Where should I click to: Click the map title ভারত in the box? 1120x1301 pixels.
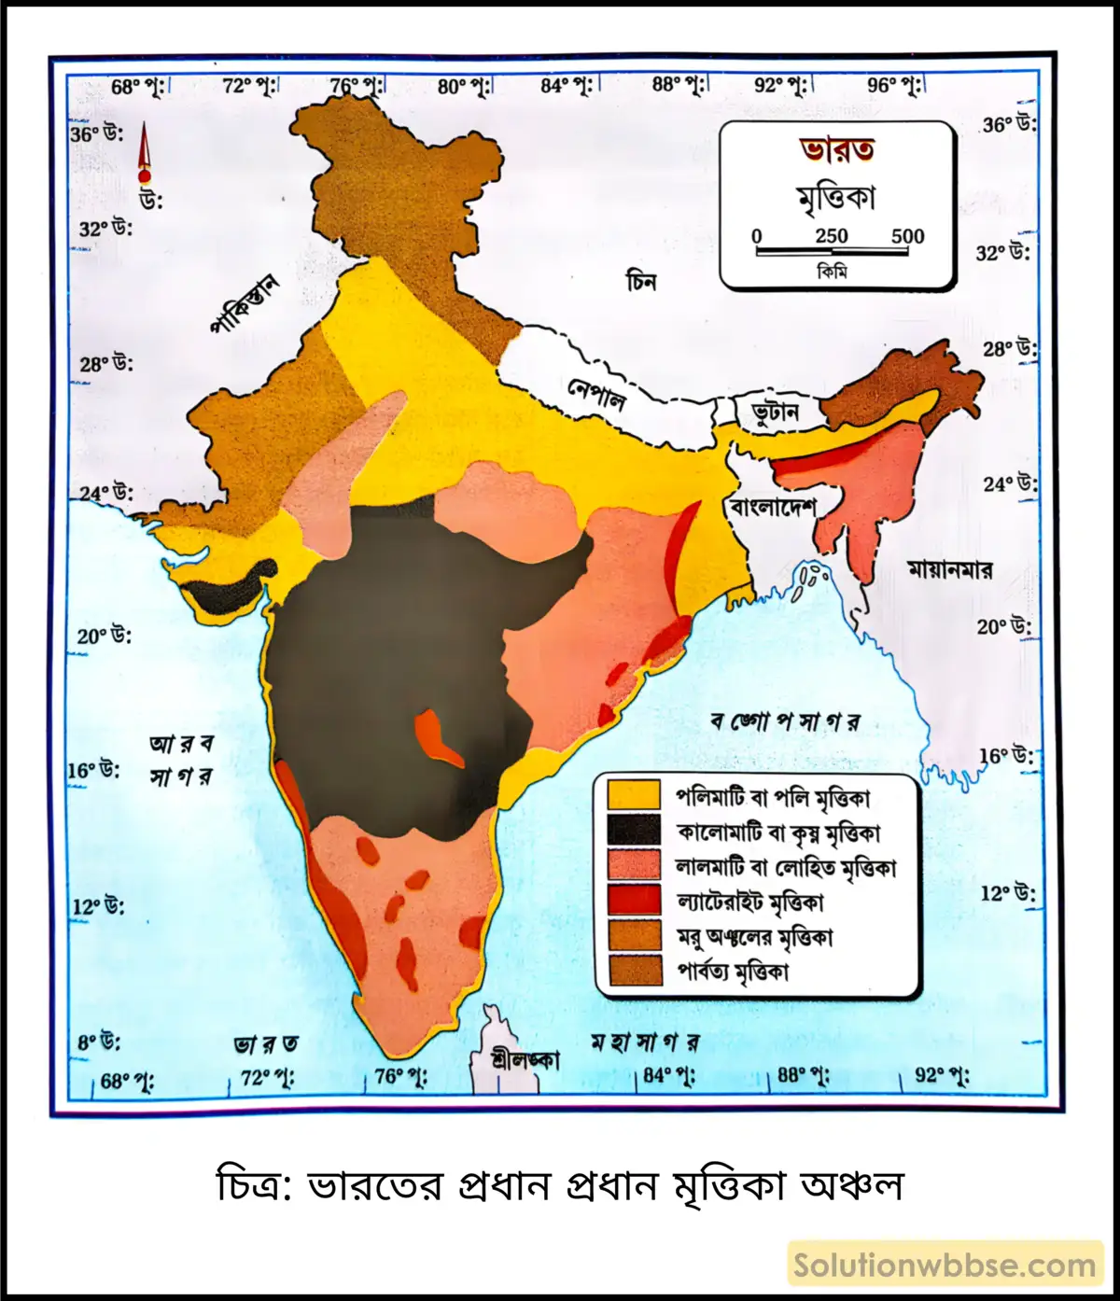click(x=836, y=149)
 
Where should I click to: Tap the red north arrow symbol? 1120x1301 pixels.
click(x=144, y=154)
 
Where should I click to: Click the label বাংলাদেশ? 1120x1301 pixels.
click(x=773, y=507)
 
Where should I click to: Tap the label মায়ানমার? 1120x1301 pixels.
click(x=950, y=567)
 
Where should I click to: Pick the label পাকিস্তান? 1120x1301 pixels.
click(x=245, y=304)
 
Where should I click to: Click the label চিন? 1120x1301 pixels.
click(x=642, y=279)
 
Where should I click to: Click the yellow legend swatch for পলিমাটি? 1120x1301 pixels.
click(x=634, y=795)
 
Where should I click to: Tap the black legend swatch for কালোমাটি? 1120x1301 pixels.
click(x=634, y=831)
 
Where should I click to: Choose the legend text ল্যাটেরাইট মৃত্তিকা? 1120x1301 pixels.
click(x=750, y=902)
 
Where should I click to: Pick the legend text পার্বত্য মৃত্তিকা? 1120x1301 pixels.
click(x=733, y=972)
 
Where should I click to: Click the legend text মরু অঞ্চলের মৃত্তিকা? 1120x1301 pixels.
click(x=755, y=936)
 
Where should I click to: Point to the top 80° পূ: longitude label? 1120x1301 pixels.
click(x=464, y=87)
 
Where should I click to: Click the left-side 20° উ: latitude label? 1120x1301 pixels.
click(x=104, y=637)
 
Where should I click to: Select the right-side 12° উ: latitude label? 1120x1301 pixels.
click(x=1008, y=893)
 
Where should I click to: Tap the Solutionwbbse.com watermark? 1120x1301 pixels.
click(x=945, y=1266)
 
